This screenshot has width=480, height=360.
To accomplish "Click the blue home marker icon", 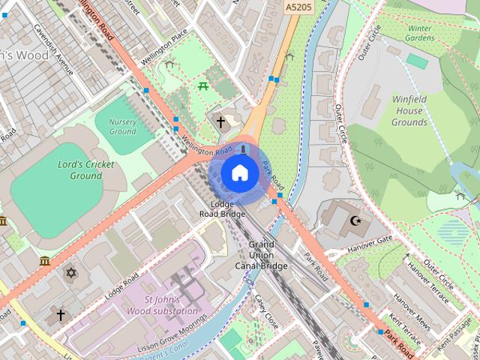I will pyautogui.click(x=238, y=173).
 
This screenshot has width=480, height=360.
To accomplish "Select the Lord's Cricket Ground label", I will pyautogui.click(x=86, y=170).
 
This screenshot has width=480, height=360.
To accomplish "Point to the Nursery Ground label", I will pyautogui.click(x=122, y=127).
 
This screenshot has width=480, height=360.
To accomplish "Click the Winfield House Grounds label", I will pyautogui.click(x=409, y=110).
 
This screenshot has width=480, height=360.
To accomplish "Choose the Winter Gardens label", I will pyautogui.click(x=420, y=34).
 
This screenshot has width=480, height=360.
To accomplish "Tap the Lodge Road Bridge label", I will pyautogui.click(x=222, y=209).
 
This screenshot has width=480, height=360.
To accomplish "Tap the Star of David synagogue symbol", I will pyautogui.click(x=71, y=272).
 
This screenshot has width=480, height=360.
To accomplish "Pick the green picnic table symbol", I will pyautogui.click(x=203, y=86).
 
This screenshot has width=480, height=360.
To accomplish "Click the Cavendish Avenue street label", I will pyautogui.click(x=52, y=49).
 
